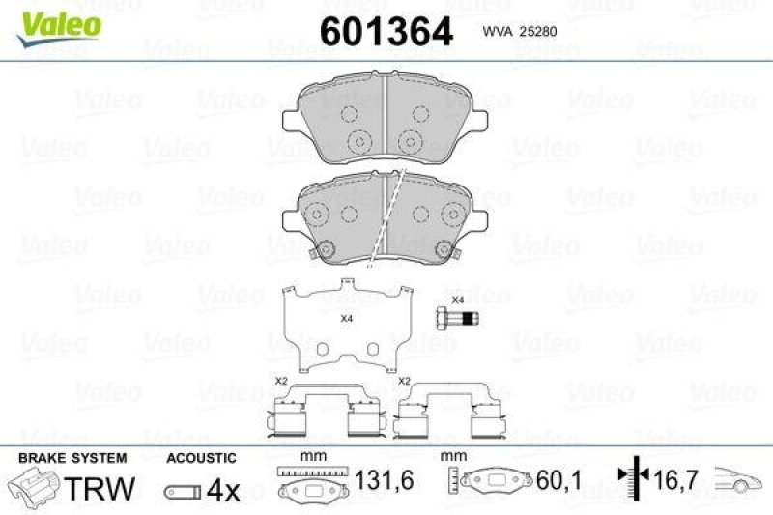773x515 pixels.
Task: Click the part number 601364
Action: click(x=386, y=31)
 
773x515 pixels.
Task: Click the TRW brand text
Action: click(x=100, y=488)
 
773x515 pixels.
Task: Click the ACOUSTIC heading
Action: click(x=201, y=457)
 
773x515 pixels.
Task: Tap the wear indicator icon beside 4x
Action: click(x=182, y=491)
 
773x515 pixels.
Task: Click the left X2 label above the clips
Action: click(x=281, y=381)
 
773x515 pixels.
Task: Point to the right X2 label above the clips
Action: click(x=406, y=381)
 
